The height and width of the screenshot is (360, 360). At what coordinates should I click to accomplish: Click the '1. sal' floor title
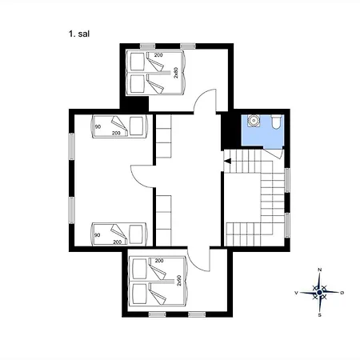(x=79, y=34)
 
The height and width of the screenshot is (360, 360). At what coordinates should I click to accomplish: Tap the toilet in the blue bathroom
(x=276, y=122)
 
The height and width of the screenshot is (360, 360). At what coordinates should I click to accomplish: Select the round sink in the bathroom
(x=253, y=121)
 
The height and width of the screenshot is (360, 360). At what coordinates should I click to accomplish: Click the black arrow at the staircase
(x=227, y=161)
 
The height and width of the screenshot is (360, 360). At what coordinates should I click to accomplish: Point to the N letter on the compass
(x=320, y=270)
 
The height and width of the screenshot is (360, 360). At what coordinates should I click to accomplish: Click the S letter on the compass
(x=320, y=315)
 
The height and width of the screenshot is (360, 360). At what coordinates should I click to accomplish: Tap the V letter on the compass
(x=296, y=293)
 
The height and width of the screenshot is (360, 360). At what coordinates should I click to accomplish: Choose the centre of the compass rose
(x=319, y=293)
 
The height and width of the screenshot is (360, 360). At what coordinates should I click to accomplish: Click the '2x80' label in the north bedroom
(x=176, y=73)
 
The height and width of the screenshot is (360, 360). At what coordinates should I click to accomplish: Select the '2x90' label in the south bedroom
(x=179, y=281)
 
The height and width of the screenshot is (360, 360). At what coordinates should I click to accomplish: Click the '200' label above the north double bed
(x=158, y=55)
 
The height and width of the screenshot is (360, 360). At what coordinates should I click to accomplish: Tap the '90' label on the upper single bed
(x=98, y=126)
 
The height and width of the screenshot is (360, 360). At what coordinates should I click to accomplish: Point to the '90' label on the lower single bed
(x=98, y=235)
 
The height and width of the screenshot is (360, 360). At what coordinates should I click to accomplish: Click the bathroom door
(x=273, y=154)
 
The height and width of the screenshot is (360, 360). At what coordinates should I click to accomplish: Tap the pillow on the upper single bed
(x=136, y=126)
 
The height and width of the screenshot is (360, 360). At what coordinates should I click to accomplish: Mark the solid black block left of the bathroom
(x=231, y=130)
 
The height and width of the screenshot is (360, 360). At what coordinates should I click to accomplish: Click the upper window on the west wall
(x=71, y=146)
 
